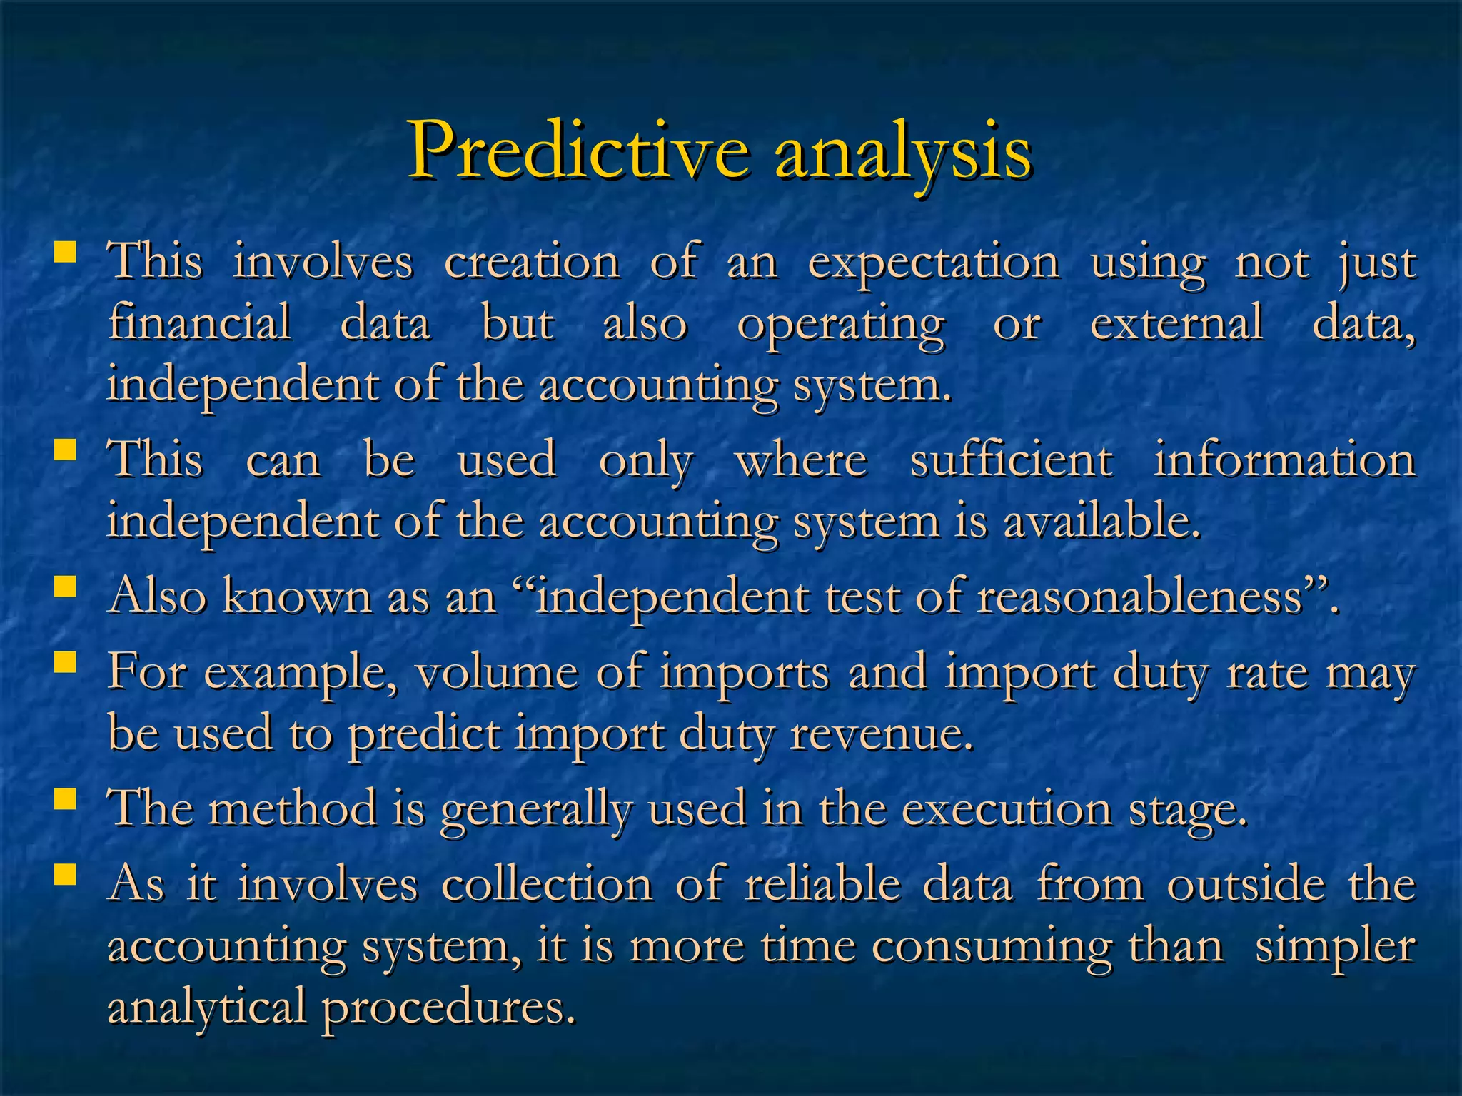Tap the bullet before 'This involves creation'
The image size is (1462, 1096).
point(66,252)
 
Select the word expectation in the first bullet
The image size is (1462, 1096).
point(933,263)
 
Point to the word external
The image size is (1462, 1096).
point(1176,323)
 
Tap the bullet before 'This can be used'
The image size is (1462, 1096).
point(66,450)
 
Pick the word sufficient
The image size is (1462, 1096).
point(1011,460)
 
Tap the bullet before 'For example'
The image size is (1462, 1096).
point(66,662)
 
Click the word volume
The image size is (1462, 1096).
point(496,673)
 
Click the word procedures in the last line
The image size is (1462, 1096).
point(448,1008)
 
